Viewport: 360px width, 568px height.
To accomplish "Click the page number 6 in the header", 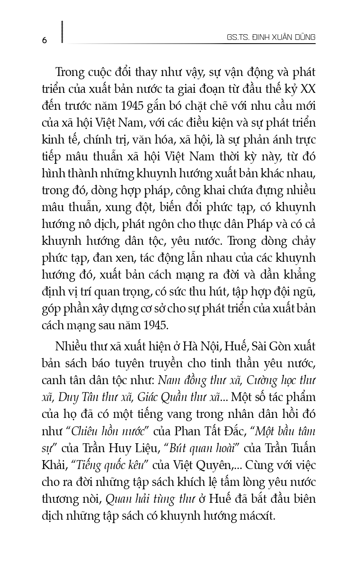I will [x=45, y=40].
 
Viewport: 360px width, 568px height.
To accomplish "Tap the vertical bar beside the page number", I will [x=62, y=32].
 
